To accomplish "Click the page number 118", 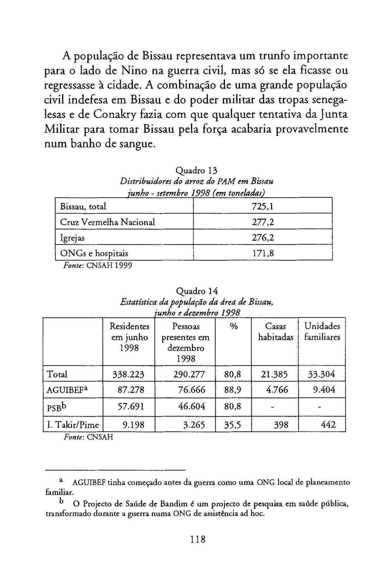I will [x=198, y=539].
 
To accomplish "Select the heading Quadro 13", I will [x=197, y=171].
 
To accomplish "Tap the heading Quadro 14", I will [x=197, y=291].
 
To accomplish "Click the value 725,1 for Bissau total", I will [x=263, y=207].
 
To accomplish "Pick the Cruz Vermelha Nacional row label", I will [x=107, y=222].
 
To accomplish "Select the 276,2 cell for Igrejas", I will [x=263, y=238].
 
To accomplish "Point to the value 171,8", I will [x=263, y=253].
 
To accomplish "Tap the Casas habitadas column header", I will [x=275, y=332].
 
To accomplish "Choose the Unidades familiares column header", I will [x=322, y=332].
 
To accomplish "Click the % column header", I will [x=234, y=327].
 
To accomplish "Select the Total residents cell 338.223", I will [x=128, y=374].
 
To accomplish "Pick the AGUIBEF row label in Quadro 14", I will [x=67, y=390].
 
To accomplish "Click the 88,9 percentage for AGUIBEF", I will [x=233, y=390].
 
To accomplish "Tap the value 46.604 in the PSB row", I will [x=191, y=406].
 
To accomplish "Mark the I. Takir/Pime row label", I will [x=73, y=425].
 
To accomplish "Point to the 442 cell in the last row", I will [x=328, y=425].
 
